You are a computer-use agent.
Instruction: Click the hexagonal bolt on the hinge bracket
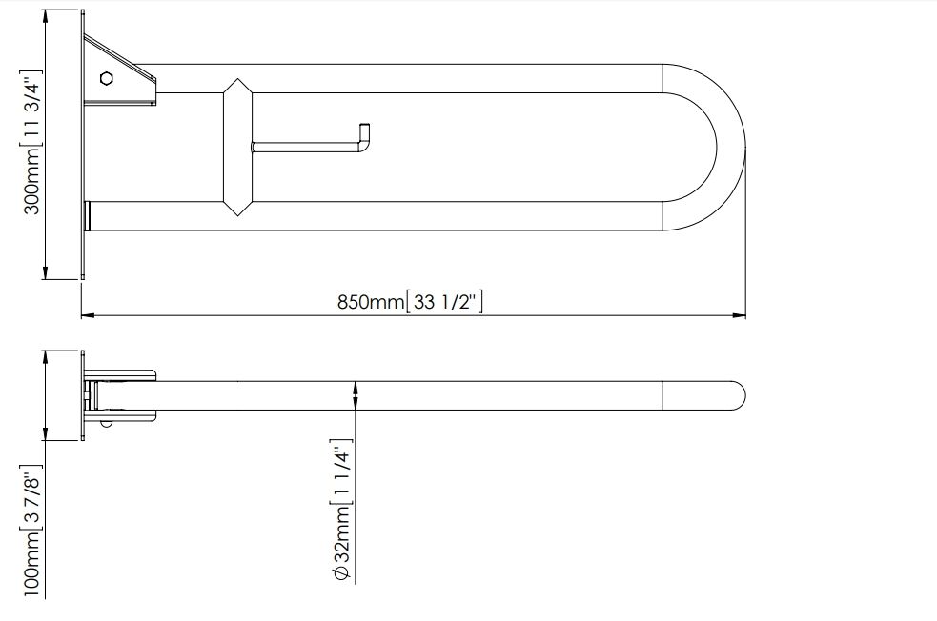(x=107, y=78)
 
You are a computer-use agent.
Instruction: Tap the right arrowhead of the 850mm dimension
(x=740, y=314)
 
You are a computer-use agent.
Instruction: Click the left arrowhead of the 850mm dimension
(x=89, y=314)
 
